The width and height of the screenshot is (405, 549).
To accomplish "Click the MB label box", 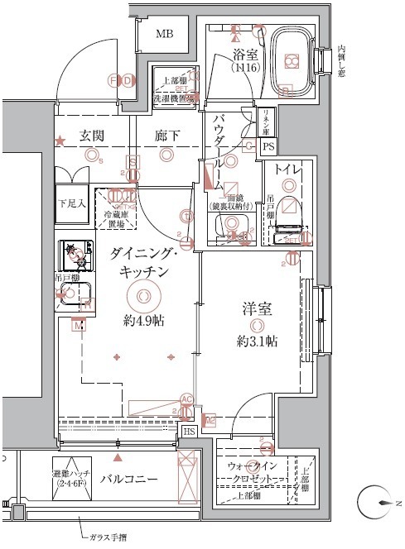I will (x=166, y=34).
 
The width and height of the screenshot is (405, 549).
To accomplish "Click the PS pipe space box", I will (x=268, y=146).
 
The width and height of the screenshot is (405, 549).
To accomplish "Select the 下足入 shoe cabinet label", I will (x=70, y=202).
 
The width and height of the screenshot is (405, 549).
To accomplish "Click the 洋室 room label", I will (x=254, y=309).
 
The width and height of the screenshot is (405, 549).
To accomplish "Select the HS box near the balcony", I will (x=190, y=431).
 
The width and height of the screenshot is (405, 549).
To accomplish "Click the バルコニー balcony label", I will (x=130, y=480).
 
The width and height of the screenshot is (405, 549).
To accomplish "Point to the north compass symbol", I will (x=378, y=503).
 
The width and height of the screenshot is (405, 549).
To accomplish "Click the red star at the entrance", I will (x=60, y=142).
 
